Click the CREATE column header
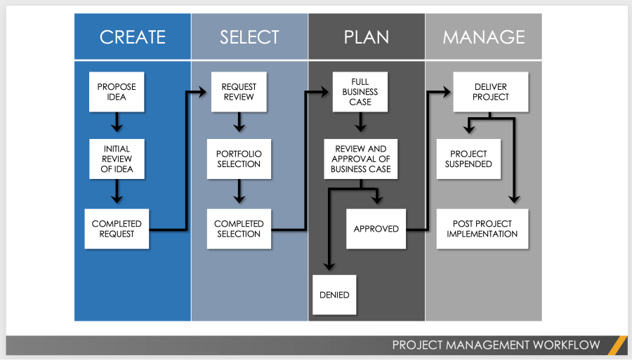pyautogui.click(x=133, y=36)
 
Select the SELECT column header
pyautogui.click(x=249, y=36)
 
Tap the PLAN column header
pyautogui.click(x=366, y=36)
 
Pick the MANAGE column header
pyautogui.click(x=483, y=36)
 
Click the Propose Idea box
pyautogui.click(x=117, y=92)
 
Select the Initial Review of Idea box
pyautogui.click(x=117, y=159)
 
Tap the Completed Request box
pyautogui.click(x=117, y=229)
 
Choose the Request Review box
pyautogui.click(x=239, y=92)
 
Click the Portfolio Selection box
pyautogui.click(x=239, y=159)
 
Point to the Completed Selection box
pyautogui.click(x=239, y=229)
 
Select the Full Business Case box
pyautogui.click(x=360, y=92)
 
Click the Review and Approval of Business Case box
pyautogui.click(x=360, y=159)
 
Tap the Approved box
pyautogui.click(x=376, y=229)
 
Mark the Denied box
pyautogui.click(x=334, y=295)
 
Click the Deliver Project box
pyautogui.click(x=490, y=92)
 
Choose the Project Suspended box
pyautogui.click(x=468, y=159)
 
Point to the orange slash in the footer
pyautogui.click(x=617, y=345)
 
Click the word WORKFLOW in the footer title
pyautogui.click(x=566, y=345)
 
